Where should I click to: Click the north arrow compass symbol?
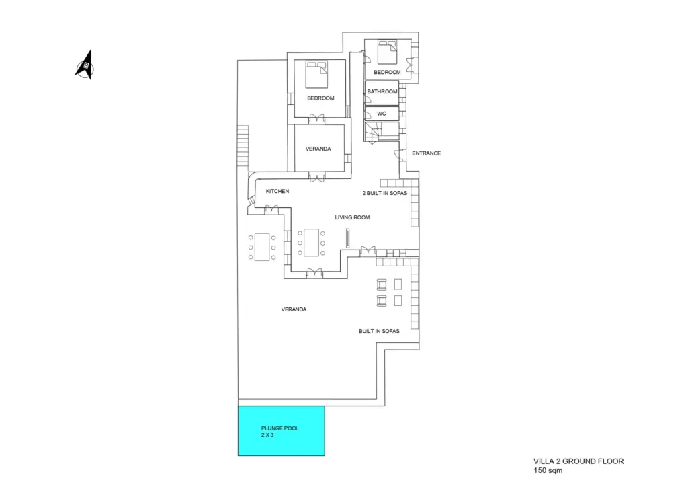click(x=85, y=65)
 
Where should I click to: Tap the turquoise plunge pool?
click(x=282, y=430)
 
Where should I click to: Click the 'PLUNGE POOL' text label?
click(x=279, y=428)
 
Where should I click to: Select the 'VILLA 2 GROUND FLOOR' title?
click(x=578, y=461)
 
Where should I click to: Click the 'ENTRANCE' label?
click(x=426, y=153)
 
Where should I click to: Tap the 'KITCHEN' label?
click(x=277, y=192)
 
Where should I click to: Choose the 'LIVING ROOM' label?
click(x=352, y=217)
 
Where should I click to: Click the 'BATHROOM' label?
click(x=382, y=91)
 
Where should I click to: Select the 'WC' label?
click(x=381, y=114)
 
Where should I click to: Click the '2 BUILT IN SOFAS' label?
click(x=386, y=194)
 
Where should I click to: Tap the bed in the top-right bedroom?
click(x=386, y=51)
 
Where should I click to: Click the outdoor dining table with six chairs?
click(x=262, y=246)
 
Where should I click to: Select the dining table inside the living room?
click(x=312, y=242)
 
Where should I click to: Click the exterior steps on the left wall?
click(x=243, y=147)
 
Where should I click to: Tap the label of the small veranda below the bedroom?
click(x=318, y=149)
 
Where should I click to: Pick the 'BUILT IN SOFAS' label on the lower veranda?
click(x=379, y=331)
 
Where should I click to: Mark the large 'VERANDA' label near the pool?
click(x=294, y=309)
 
